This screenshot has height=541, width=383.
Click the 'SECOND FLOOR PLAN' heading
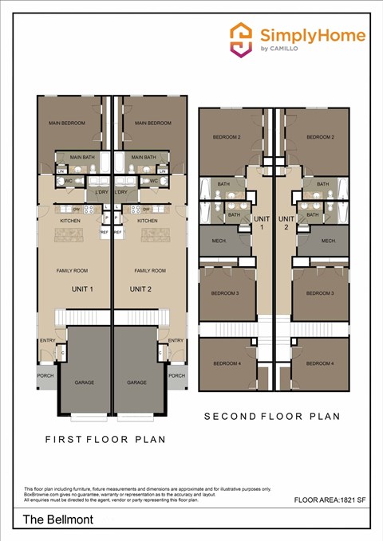[272, 416]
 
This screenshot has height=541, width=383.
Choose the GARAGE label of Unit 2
[136, 382]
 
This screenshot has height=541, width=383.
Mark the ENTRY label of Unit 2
[176, 341]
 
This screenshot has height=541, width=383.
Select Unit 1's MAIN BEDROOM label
[65, 123]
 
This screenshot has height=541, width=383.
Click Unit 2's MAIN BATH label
[143, 157]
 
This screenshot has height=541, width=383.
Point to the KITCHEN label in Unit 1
[70, 221]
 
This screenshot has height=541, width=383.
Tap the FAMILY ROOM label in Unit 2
[148, 271]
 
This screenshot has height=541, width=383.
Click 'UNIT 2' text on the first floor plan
[140, 289]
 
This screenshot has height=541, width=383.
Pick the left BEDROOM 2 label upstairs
[227, 137]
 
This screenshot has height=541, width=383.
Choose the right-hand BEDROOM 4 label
[319, 363]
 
